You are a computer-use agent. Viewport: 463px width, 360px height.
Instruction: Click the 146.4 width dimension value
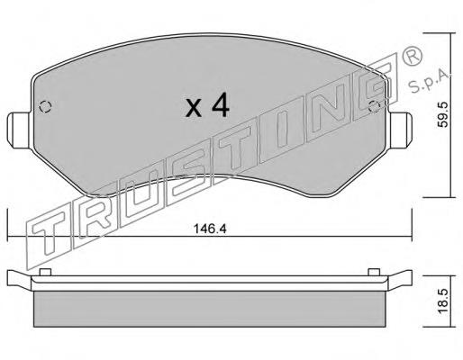pos(210,229)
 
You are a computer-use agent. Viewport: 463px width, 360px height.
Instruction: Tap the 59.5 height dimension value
pos(442,114)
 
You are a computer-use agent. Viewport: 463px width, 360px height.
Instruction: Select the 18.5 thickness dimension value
pos(442,301)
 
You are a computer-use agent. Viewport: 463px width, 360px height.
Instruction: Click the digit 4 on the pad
pos(220,105)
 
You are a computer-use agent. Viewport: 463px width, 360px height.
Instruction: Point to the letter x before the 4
pos(194,108)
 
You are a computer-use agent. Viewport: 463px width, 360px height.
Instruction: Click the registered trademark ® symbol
pos(412,56)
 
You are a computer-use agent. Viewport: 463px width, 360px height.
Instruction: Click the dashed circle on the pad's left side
pos(45,106)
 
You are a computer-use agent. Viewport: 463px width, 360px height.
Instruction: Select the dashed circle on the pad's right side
pos(374,107)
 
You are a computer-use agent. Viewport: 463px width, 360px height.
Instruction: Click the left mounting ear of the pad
pos(19,130)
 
